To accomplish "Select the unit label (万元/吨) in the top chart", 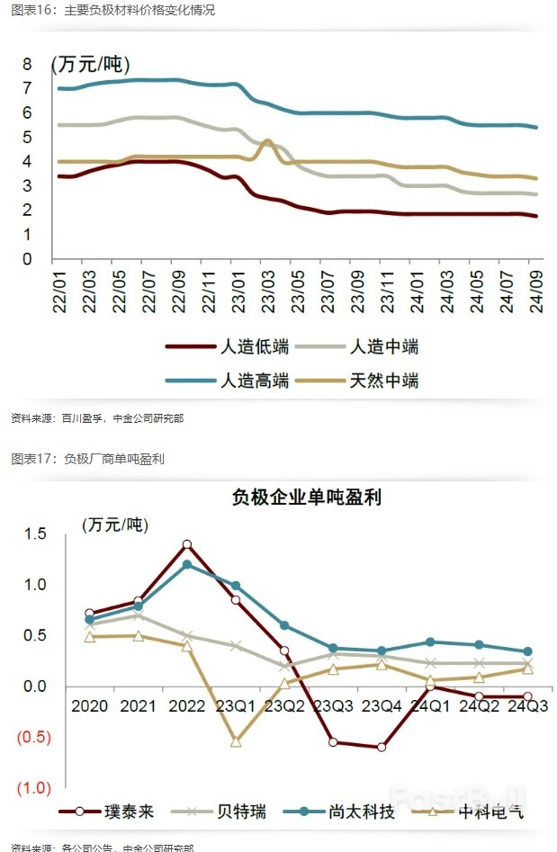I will pyautogui.click(x=90, y=65).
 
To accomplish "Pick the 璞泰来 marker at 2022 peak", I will pyautogui.click(x=187, y=544).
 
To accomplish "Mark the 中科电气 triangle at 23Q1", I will pyautogui.click(x=236, y=741).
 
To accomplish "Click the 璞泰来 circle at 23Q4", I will pyautogui.click(x=382, y=747).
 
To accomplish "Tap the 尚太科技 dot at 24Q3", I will pyautogui.click(x=527, y=651).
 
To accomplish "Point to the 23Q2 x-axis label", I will pyautogui.click(x=284, y=704).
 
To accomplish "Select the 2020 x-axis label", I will pyautogui.click(x=90, y=704).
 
